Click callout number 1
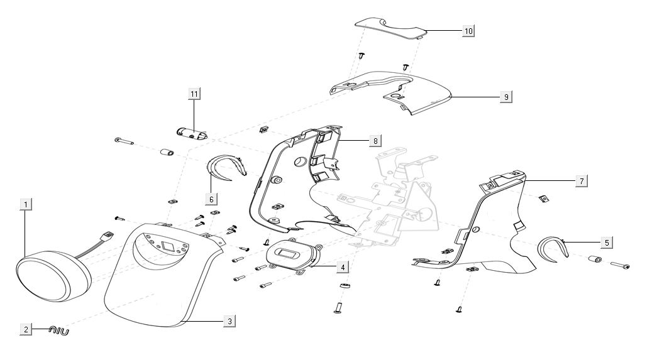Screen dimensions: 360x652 click(x=26, y=204)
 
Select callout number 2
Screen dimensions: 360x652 click(x=26, y=329)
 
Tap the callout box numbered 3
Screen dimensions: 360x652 click(x=229, y=321)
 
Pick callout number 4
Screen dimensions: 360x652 click(x=341, y=267)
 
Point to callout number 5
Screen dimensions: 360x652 click(x=606, y=242)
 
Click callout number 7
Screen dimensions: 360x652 click(x=582, y=181)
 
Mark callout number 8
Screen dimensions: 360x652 click(x=375, y=139)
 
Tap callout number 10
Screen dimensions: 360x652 click(x=468, y=30)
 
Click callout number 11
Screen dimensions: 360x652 click(x=194, y=94)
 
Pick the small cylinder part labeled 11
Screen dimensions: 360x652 click(x=191, y=133)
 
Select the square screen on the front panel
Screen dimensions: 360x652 click(x=169, y=245)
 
